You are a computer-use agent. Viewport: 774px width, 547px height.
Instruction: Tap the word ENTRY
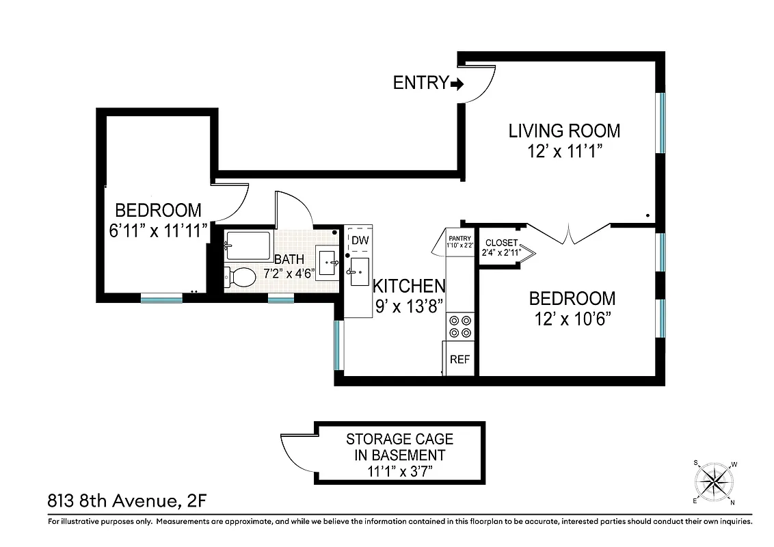[420, 83]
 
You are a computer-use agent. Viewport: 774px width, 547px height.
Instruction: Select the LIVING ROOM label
[564, 130]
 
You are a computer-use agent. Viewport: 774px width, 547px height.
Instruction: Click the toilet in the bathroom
[239, 276]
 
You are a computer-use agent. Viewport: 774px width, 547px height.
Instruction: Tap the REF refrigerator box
[459, 360]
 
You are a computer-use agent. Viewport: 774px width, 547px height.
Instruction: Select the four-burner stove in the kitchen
[459, 326]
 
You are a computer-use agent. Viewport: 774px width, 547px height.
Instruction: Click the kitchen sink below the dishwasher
[358, 271]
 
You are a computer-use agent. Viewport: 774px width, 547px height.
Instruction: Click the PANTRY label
[459, 237]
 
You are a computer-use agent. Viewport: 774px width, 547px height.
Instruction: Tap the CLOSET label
[501, 243]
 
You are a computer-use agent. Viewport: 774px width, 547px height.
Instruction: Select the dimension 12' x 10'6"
[573, 319]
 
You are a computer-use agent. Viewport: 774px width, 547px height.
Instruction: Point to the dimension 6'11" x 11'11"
[158, 231]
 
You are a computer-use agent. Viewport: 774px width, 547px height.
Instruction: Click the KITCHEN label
[409, 286]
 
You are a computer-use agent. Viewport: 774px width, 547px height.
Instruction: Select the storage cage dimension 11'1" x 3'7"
[399, 471]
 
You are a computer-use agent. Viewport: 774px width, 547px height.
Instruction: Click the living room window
[661, 122]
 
